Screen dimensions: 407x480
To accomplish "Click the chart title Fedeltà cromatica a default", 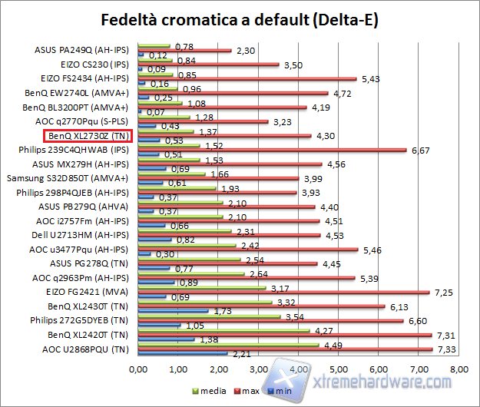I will point(240,18).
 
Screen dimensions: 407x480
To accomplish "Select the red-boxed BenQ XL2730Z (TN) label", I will point(88,136).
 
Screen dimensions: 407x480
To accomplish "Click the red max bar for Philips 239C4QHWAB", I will point(272,150).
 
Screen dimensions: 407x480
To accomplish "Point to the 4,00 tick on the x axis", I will point(298,370).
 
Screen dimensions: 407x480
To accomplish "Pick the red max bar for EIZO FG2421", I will point(283,292).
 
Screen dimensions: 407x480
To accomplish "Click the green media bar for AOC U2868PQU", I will point(228,345).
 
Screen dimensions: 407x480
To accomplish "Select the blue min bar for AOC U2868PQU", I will point(182,354).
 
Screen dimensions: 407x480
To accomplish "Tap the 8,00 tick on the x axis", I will point(458,370).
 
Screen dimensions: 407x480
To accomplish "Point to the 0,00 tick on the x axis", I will point(138,370).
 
